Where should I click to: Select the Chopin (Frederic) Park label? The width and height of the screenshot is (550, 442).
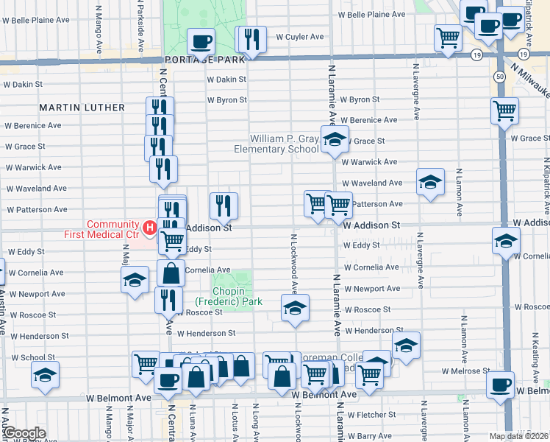(229, 295)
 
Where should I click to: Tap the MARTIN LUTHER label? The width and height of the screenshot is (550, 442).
(82, 108)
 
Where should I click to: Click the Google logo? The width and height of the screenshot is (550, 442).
(24, 432)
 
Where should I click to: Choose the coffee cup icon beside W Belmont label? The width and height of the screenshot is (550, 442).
(501, 385)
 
